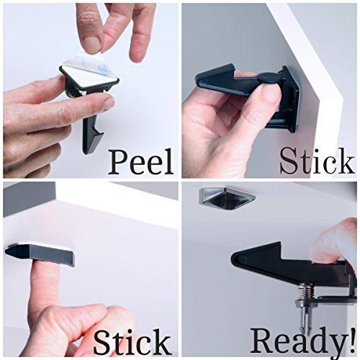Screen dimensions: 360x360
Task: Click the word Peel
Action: point(140,161)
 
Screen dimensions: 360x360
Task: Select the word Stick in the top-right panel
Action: point(318,161)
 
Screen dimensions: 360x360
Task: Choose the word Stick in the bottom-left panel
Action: point(132,341)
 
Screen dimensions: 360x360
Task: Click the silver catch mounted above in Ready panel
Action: point(227,198)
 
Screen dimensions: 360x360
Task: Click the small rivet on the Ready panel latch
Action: point(244,258)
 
